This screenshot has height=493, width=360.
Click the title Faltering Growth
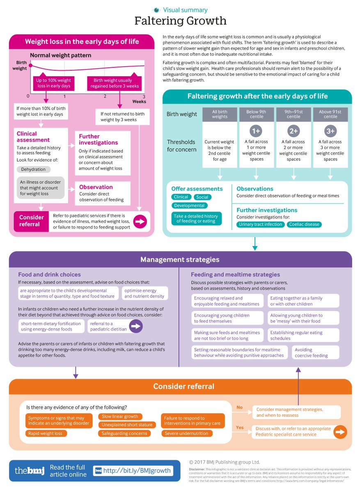click(180, 21)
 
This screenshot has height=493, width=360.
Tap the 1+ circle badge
click(257, 131)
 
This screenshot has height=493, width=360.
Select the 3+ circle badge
click(330, 131)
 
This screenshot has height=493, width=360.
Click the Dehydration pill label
click(34, 169)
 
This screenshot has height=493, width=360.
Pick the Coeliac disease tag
click(304, 224)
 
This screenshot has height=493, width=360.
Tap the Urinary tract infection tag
click(261, 224)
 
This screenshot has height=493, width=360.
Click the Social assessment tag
click(202, 197)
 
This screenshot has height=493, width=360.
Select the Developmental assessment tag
click(189, 205)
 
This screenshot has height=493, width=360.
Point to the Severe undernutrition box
click(186, 433)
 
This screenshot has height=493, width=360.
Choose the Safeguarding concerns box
click(124, 433)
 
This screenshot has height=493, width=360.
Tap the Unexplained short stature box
click(127, 425)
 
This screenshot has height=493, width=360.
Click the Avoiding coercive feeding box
click(315, 352)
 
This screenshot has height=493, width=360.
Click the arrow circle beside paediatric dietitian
click(136, 326)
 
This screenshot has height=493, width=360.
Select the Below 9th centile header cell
click(257, 114)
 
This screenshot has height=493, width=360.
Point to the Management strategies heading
click(180, 259)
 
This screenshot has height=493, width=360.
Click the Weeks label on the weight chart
click(139, 101)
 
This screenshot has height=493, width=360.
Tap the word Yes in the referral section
click(240, 428)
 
